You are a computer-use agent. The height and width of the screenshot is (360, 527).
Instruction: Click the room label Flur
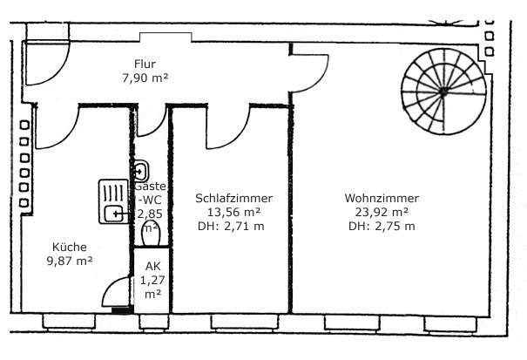[x=145, y=64]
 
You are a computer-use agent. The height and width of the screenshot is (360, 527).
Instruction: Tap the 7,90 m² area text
[x=145, y=78]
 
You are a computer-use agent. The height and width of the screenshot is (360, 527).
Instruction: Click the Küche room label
[x=70, y=247]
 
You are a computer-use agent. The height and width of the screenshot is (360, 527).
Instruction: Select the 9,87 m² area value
[x=70, y=262]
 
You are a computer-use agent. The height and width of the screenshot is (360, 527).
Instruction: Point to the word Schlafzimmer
[x=234, y=198]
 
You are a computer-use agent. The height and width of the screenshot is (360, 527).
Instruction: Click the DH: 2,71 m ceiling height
[x=231, y=226]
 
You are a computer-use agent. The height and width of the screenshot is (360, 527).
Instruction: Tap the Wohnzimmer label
[x=382, y=198]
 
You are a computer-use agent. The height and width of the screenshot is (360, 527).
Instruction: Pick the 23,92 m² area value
[x=382, y=213]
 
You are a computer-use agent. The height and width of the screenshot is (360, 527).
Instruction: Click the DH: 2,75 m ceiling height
[x=382, y=226]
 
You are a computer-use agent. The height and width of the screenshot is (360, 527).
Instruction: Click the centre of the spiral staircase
[x=443, y=92]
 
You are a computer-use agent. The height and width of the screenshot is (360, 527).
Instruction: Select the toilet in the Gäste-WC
[x=151, y=233]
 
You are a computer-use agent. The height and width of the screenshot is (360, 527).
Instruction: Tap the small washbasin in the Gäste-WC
[x=141, y=171]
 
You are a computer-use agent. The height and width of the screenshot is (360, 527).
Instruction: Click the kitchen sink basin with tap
[x=113, y=214]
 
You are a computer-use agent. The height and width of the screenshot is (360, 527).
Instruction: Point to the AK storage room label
[x=153, y=267]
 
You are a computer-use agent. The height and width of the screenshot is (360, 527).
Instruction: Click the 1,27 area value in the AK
[x=152, y=281]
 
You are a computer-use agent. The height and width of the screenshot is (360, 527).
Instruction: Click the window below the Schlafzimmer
[x=245, y=323]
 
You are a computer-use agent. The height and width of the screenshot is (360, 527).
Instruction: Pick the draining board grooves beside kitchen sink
[x=113, y=193]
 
